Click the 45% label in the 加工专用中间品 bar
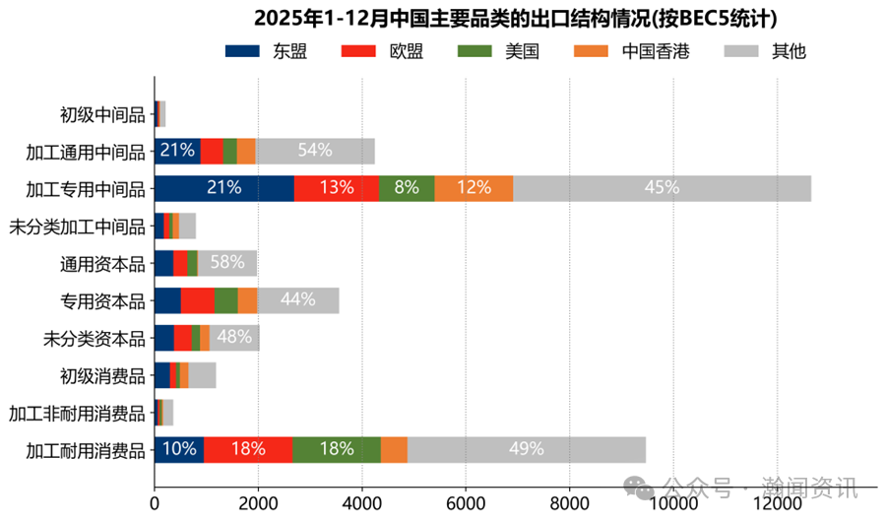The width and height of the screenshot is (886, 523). tap(662, 188)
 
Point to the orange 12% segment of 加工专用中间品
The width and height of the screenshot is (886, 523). tap(474, 188)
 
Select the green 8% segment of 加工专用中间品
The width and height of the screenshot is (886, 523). tap(407, 188)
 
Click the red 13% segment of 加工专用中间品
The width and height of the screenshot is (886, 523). tap(337, 188)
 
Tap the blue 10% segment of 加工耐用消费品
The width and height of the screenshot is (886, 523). tap(179, 449)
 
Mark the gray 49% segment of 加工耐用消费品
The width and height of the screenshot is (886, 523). tap(527, 449)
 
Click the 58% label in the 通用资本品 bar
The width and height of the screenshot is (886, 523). tap(227, 263)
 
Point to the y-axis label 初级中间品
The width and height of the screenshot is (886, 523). tap(102, 114)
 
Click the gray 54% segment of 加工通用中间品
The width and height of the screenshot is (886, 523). tap(315, 151)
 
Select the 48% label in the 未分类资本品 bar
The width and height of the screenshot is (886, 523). tap(234, 338)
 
